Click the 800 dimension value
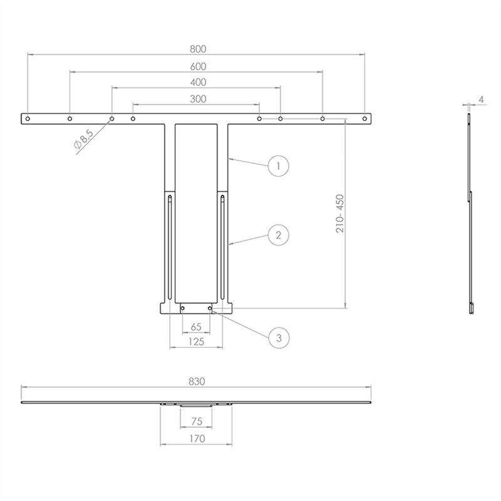[x=198, y=49]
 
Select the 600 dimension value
[x=198, y=66]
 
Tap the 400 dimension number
[x=198, y=83]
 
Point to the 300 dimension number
[x=198, y=99]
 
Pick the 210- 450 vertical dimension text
[x=340, y=214]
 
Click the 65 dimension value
[x=196, y=327]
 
